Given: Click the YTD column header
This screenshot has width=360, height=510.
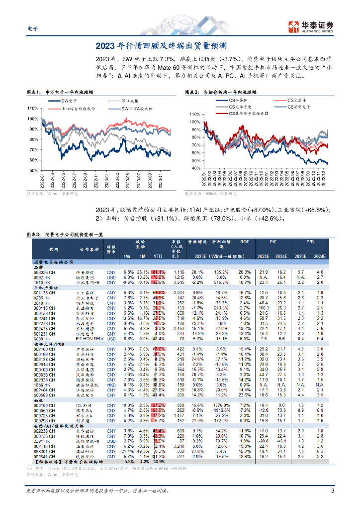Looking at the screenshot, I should coord(159,256).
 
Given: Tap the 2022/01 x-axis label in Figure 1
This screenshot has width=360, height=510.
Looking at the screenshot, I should coord(42,181).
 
